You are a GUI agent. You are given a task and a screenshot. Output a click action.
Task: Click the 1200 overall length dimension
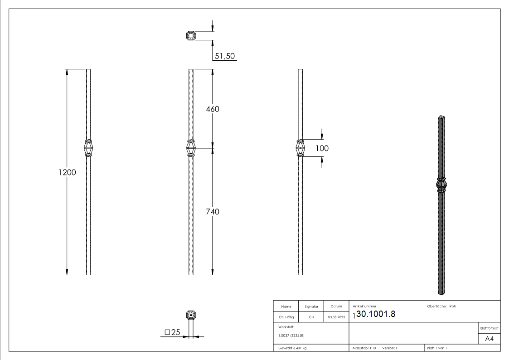(x=67, y=172)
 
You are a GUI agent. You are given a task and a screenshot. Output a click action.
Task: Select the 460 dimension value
(x=212, y=109)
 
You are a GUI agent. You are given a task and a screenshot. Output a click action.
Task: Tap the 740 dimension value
(x=212, y=212)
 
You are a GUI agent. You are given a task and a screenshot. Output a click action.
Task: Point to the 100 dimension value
(x=322, y=148)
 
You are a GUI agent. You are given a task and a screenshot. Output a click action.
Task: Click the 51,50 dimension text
(x=224, y=56)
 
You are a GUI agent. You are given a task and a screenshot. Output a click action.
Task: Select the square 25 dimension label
(x=173, y=332)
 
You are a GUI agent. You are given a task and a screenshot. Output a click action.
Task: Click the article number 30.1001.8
(x=376, y=314)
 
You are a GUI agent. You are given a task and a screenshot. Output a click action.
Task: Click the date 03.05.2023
(x=336, y=317)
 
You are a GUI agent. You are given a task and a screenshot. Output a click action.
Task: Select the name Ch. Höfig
(x=286, y=317)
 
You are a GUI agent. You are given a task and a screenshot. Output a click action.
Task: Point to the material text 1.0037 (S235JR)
(x=291, y=336)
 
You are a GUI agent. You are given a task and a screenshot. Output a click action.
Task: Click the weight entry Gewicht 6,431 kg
(x=293, y=348)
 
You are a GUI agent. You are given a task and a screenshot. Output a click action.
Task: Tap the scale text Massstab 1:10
(x=364, y=348)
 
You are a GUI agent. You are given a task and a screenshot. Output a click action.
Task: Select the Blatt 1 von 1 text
(x=436, y=348)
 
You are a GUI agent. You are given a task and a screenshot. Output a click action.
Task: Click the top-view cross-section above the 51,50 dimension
(x=191, y=35)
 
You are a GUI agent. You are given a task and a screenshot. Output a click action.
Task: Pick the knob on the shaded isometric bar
(x=441, y=185)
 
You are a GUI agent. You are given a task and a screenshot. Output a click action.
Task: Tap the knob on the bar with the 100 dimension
(x=300, y=148)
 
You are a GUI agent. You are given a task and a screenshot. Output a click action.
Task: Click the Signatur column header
(x=311, y=306)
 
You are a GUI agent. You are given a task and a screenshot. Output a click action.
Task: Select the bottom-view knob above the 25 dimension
(x=191, y=315)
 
